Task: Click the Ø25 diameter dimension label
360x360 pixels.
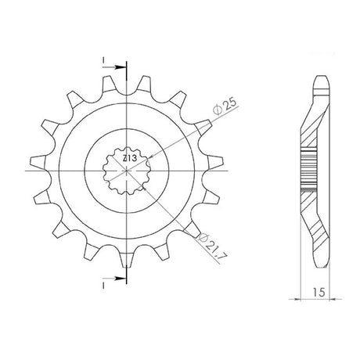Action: click(225, 106)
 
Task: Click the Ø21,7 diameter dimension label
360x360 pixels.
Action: click(213, 247)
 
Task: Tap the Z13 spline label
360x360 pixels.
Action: click(130, 158)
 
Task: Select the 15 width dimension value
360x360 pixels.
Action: click(319, 292)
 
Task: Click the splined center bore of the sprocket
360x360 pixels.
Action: click(127, 171)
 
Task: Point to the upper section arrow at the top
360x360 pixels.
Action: click(114, 67)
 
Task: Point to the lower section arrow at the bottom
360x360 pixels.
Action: click(114, 279)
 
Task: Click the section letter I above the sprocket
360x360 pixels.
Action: click(103, 60)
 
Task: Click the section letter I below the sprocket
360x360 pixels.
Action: click(103, 286)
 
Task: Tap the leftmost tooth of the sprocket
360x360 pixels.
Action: click(38, 163)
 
